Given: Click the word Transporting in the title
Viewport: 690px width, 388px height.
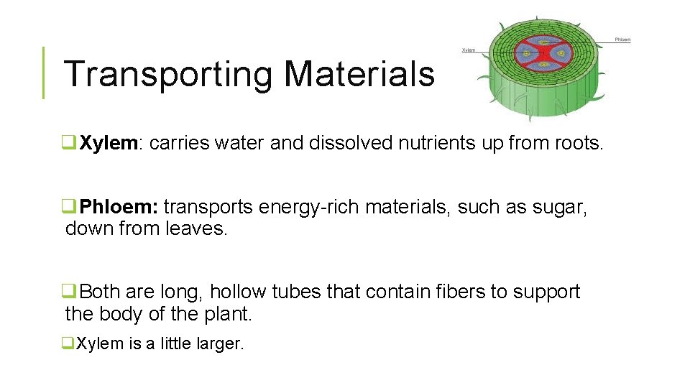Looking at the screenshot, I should coord(167,74).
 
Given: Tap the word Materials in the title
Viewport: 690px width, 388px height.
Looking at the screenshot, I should coord(359,73).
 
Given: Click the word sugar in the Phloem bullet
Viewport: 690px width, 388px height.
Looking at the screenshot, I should coord(560,208).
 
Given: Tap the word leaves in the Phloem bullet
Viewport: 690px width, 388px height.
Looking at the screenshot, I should coord(196,230).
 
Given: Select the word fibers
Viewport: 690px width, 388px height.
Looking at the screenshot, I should coord(461,292).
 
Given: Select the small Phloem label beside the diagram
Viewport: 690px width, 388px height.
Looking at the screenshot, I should coord(622,40).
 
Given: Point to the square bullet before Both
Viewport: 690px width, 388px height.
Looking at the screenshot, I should coord(70,292).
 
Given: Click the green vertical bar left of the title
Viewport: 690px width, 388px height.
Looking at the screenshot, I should coord(43,73).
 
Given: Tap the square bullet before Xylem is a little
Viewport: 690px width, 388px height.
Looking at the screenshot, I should coord(69,344).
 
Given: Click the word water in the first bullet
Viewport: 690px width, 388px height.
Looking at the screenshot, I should coord(236,143).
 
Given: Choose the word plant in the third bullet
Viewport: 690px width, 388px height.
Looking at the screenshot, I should coord(228,314).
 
